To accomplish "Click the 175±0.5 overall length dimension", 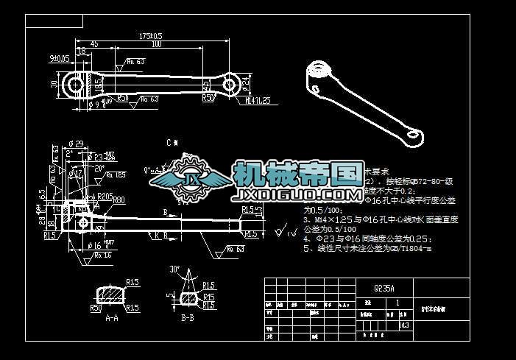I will (x=150, y=35).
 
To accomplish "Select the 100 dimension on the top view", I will (x=155, y=45).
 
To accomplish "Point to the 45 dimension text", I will (x=94, y=45).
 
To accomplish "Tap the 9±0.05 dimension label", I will (x=59, y=57).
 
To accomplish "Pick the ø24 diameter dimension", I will (x=246, y=84).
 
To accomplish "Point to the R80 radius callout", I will (x=119, y=200).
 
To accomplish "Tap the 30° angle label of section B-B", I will (x=174, y=269).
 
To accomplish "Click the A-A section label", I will (x=112, y=319).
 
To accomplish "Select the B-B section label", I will (x=188, y=319).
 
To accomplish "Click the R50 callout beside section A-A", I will (x=95, y=308).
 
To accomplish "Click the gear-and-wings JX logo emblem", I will (x=191, y=181).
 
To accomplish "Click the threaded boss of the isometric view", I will (x=318, y=72).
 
